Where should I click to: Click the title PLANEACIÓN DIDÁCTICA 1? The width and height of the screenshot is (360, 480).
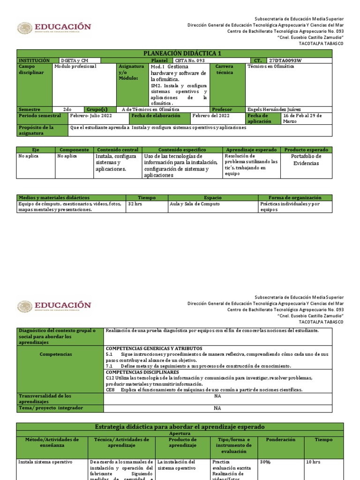[x=174, y=53]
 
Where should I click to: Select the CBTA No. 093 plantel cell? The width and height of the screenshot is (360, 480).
[x=190, y=61]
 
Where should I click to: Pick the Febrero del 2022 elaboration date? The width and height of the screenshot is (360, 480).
[x=211, y=115]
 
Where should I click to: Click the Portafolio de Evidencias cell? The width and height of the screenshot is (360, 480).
[x=306, y=160]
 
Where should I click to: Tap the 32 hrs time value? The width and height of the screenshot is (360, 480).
[x=135, y=204]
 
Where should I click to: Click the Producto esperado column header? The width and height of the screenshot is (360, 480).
[x=306, y=150]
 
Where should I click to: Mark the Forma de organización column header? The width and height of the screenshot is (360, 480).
[x=295, y=198]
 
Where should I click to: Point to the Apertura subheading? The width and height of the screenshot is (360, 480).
[x=180, y=434]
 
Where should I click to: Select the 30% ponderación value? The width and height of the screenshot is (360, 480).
[x=266, y=462]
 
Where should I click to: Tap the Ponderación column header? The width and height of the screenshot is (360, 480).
[x=280, y=440]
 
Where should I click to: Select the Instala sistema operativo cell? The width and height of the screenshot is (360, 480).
[x=45, y=462]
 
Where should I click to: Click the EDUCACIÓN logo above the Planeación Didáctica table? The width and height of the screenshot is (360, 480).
[x=54, y=28]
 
